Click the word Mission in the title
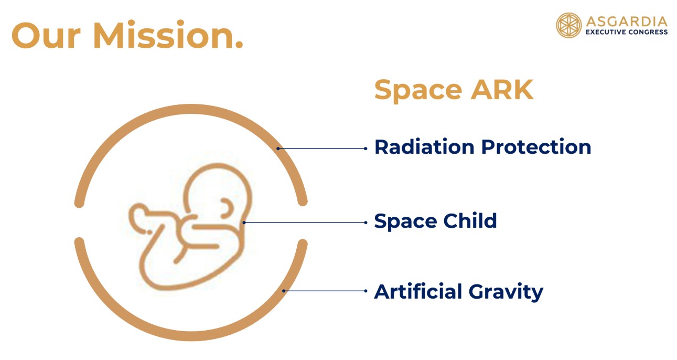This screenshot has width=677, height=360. pyautogui.click(x=168, y=35)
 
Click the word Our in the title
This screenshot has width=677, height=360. pyautogui.click(x=46, y=36)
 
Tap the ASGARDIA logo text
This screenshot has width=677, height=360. pyautogui.click(x=627, y=22)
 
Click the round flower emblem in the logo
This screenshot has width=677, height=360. pyautogui.click(x=568, y=25)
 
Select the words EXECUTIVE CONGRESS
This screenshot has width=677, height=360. pyautogui.click(x=627, y=32)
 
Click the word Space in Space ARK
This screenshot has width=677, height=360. pyautogui.click(x=418, y=90)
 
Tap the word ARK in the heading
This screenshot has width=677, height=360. pyautogui.click(x=502, y=90)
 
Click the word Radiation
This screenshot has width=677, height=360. pyautogui.click(x=424, y=147)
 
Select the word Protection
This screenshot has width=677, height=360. pyautogui.click(x=536, y=147)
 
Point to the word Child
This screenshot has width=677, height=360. pyautogui.click(x=470, y=220)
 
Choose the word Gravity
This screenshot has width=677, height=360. pyautogui.click(x=506, y=292)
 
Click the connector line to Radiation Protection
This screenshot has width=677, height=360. pyautogui.click(x=322, y=149)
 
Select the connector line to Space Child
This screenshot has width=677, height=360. pyautogui.click(x=305, y=223)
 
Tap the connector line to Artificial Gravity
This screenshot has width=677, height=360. pyautogui.click(x=325, y=291)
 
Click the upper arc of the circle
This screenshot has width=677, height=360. pyautogui.click(x=191, y=109)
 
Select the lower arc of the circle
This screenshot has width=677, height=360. pyautogui.click(x=191, y=336)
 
